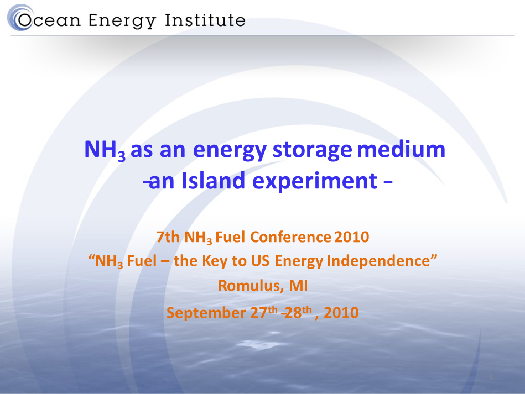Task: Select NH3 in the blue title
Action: coord(105,150)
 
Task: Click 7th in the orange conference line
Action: coord(168,237)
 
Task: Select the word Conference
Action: coord(290,237)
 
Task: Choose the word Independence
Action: coord(382,261)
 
